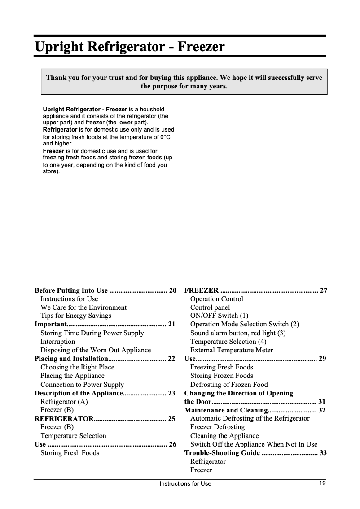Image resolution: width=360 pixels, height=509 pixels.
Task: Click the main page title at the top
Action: point(129,47)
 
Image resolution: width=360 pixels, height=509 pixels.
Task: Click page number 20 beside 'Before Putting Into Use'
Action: point(172,290)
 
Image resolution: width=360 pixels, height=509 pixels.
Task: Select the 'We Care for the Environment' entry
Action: point(83,307)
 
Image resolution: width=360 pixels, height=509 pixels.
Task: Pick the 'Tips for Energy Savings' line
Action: point(75,316)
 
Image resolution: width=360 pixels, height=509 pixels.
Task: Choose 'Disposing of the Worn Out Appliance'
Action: point(96,350)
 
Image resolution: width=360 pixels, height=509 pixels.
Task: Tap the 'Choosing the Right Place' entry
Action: point(77,367)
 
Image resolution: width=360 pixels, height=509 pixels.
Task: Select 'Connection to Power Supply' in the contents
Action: point(82,385)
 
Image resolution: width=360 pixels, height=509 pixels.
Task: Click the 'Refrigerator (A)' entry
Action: point(64,402)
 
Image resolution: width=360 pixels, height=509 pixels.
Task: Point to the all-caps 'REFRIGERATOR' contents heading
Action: point(64,419)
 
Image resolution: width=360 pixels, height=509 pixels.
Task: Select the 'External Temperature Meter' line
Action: point(231,350)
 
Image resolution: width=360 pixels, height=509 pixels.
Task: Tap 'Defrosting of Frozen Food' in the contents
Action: point(229,385)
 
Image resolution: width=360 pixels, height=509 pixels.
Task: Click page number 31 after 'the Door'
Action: point(322,402)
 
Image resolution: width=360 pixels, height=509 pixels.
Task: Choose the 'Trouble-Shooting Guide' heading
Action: point(222,453)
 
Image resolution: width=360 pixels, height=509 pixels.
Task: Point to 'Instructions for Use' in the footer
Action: point(185,484)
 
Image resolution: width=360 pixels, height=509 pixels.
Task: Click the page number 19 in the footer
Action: point(322,483)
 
